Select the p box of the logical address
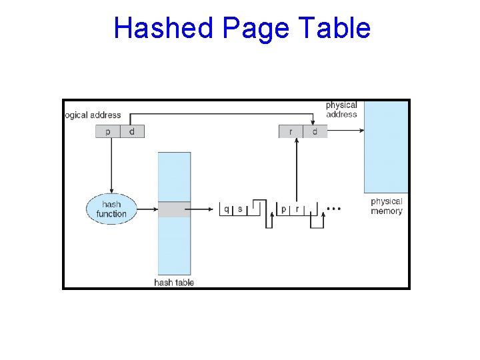[108, 131]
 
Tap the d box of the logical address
[132, 131]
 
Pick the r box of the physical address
[291, 131]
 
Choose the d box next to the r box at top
[315, 131]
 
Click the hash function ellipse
[111, 209]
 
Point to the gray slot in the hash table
[174, 209]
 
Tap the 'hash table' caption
[174, 282]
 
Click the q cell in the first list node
[227, 209]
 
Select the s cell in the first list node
[240, 209]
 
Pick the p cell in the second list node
[284, 209]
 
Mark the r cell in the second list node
[297, 209]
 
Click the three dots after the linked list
[335, 209]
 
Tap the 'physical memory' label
[387, 206]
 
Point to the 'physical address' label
[341, 109]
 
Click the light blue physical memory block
[386, 147]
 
